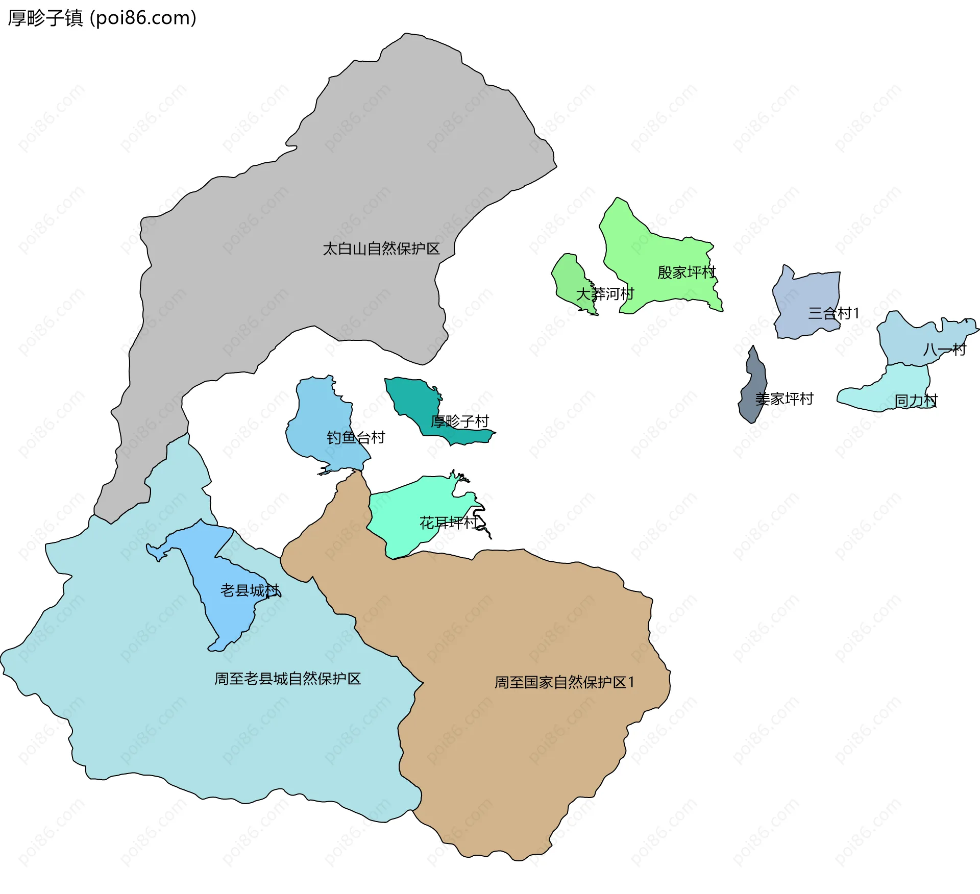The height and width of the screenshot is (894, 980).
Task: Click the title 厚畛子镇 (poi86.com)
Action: coord(102,18)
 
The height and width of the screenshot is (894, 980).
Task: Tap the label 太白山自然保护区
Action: coord(381,249)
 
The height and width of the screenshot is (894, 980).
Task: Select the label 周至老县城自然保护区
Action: coord(287,679)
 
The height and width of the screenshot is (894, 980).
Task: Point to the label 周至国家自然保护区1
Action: coord(564,682)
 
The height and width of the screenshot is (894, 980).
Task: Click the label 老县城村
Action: coord(250,590)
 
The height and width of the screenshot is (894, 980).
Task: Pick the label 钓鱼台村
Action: coord(356,437)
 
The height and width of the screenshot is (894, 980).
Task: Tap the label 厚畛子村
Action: coord(459,421)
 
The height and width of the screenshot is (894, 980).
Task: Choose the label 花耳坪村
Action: coord(448,523)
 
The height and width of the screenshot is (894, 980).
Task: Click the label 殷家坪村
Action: coord(687,272)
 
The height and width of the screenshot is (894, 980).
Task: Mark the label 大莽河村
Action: coord(605,294)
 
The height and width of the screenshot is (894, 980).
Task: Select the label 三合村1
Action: coord(834,313)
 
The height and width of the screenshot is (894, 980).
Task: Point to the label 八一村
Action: coord(944,350)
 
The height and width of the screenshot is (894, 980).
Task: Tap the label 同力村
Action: coord(916,401)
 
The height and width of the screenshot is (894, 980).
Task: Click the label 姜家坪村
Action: coord(784,399)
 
